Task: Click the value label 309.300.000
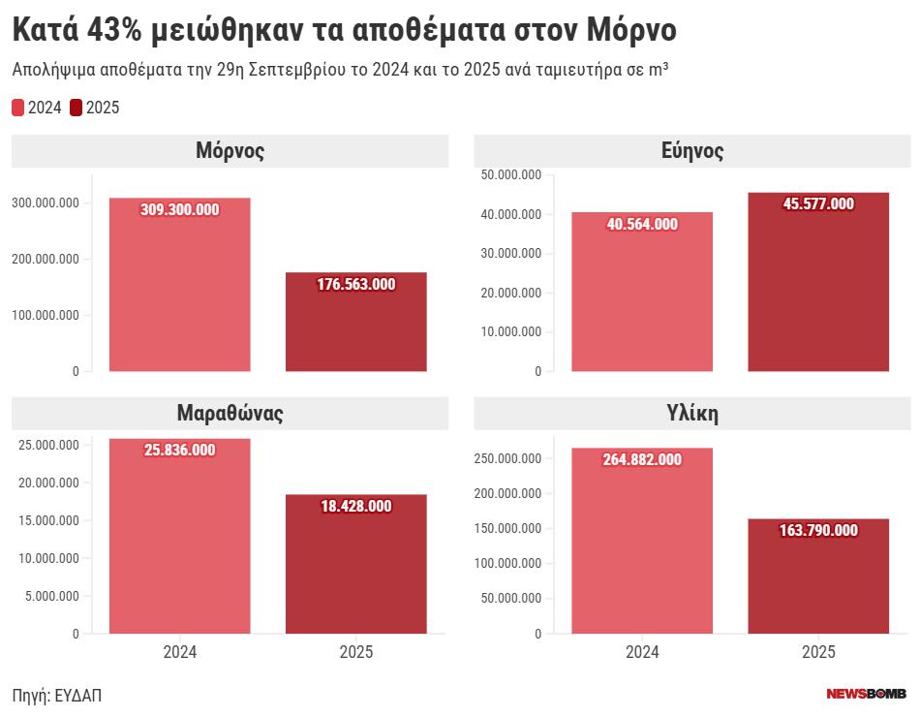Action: click(180, 209)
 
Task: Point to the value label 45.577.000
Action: click(818, 203)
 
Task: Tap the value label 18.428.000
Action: click(355, 506)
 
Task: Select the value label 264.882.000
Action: click(642, 459)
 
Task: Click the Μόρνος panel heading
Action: click(230, 151)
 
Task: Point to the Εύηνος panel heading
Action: click(692, 151)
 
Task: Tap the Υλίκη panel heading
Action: click(692, 414)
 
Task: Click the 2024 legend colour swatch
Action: click(17, 108)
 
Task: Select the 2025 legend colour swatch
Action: click(76, 108)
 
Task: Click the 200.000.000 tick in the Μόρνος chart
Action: click(46, 259)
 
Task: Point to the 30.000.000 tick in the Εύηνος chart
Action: click(510, 254)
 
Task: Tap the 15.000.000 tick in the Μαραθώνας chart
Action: click(49, 520)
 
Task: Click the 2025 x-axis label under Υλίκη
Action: click(818, 652)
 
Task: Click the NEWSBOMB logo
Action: click(866, 694)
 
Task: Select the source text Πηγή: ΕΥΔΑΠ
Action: click(57, 695)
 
